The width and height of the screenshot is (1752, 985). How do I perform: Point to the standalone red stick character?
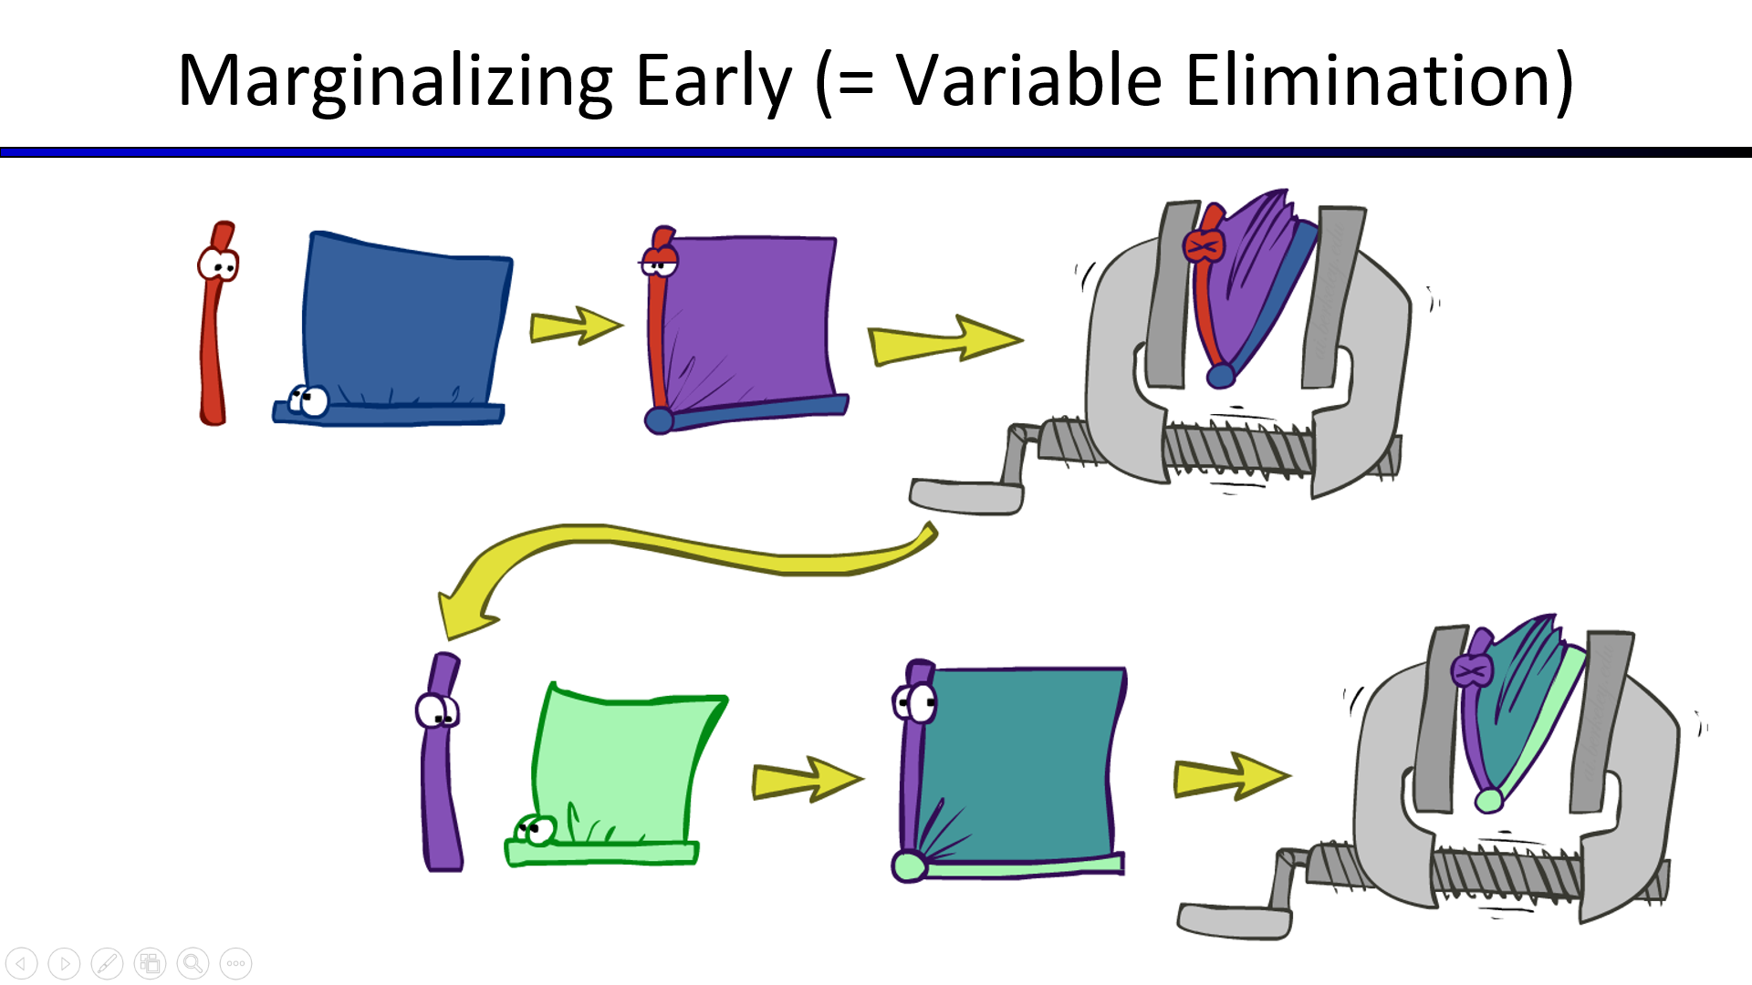(216, 324)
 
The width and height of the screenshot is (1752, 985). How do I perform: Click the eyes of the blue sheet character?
(308, 399)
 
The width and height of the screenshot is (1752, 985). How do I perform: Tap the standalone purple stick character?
(441, 762)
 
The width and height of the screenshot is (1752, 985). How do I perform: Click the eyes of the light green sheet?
(536, 830)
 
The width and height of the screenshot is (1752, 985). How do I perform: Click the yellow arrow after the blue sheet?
(576, 326)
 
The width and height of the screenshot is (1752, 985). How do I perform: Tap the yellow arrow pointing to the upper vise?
(944, 340)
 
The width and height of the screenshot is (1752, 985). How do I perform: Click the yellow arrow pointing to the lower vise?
(1231, 777)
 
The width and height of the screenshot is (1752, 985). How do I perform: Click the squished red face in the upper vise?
(1204, 245)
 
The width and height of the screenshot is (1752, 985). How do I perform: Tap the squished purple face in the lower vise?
(1471, 670)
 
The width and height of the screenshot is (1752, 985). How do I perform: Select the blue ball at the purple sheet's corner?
(659, 420)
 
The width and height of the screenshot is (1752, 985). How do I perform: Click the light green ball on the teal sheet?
(909, 866)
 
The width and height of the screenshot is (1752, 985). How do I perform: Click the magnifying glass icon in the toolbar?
(193, 963)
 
